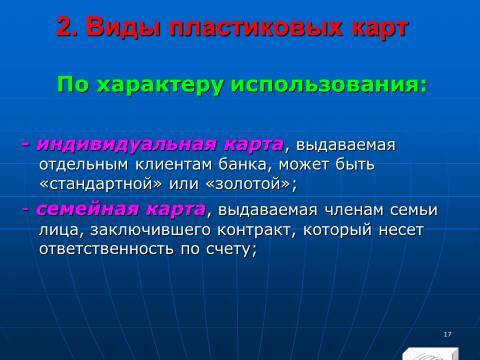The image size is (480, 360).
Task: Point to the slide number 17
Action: [445, 333]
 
